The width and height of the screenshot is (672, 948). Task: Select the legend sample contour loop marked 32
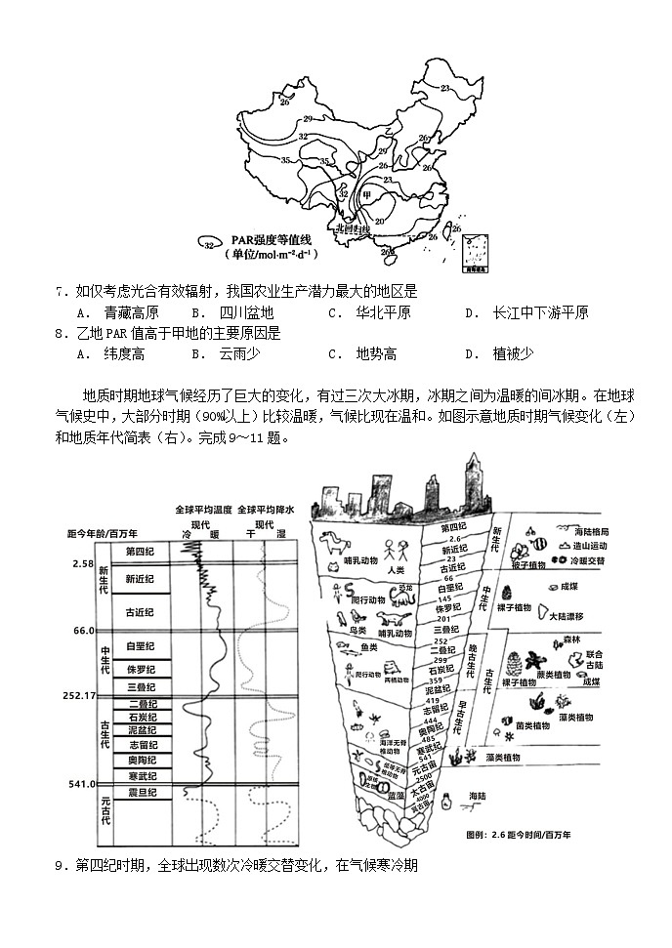tap(208, 240)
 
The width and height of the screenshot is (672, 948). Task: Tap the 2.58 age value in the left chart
tap(82, 564)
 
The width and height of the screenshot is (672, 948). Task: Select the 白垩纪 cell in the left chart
tap(142, 646)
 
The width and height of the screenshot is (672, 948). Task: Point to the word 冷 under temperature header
tap(189, 535)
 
